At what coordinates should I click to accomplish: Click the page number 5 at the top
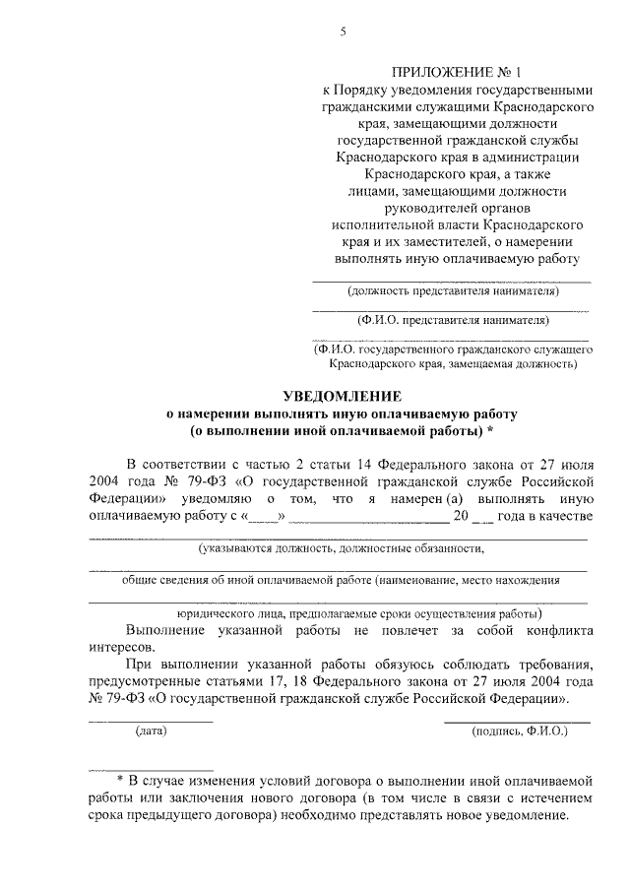coord(343,32)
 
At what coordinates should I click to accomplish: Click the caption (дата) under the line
coord(152,731)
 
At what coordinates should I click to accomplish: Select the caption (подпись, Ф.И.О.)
coord(517,731)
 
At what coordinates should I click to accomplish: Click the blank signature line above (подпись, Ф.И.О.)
coord(517,722)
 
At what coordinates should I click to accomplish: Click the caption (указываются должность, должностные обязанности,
coord(340,547)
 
